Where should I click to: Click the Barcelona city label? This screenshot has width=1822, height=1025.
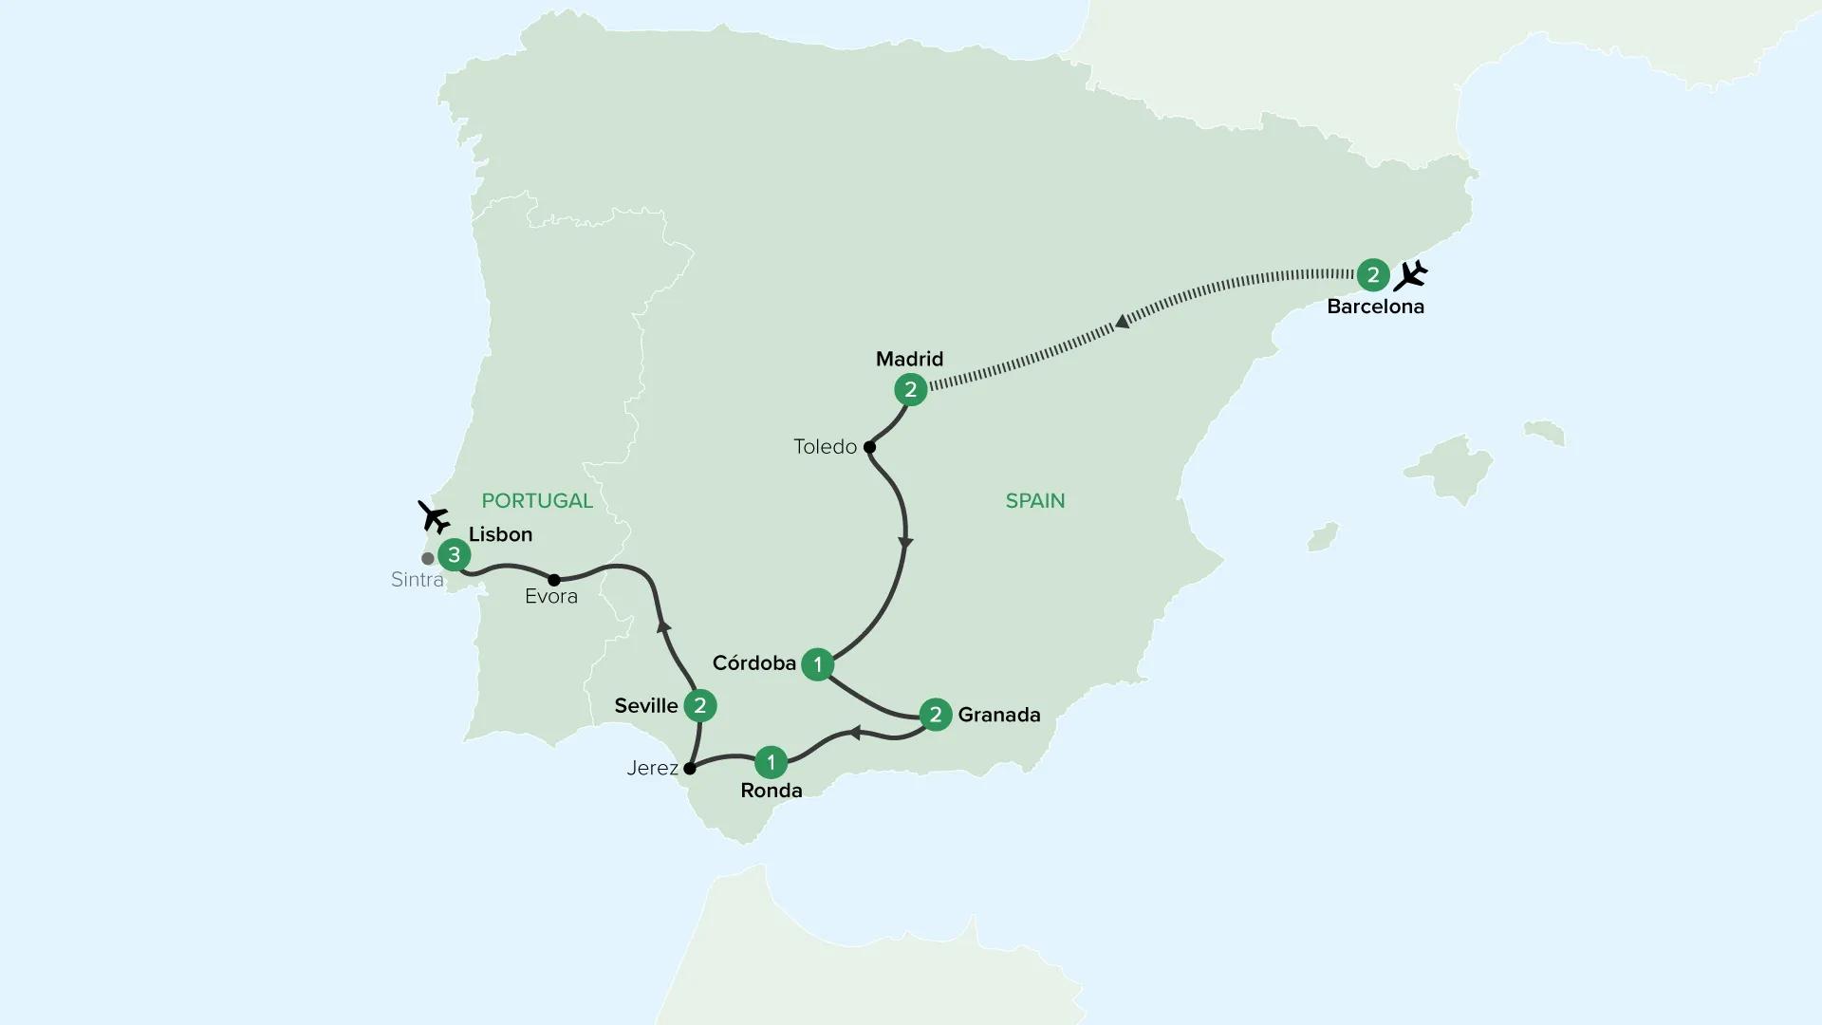1375,307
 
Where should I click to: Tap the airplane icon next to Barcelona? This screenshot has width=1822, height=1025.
1411,275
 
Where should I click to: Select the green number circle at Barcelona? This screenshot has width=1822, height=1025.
1373,275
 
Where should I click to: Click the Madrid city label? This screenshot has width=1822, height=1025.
909,359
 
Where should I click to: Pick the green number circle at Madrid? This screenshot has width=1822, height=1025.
911,389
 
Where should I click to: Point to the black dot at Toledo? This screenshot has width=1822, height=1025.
869,447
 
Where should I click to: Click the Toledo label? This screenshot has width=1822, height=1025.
825,447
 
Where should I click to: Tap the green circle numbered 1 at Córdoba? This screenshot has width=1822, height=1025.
817,664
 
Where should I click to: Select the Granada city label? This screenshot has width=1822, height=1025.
999,715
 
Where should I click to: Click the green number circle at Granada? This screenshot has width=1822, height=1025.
936,715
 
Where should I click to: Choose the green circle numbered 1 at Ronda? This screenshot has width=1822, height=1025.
771,762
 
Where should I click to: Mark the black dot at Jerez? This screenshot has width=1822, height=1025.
690,768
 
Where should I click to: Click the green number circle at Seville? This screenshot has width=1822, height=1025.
700,705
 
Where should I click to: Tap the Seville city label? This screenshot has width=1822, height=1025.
646,705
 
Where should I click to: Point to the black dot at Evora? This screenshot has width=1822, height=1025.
553,579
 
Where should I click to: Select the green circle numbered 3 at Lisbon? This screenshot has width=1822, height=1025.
455,555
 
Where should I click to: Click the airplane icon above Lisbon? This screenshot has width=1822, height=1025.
435,517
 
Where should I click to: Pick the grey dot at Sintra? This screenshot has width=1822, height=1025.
428,559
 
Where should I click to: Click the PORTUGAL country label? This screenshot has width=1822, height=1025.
537,500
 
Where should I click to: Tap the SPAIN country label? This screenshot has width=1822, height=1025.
1035,500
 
